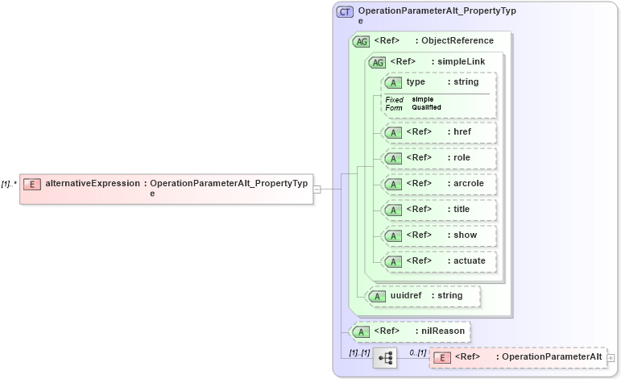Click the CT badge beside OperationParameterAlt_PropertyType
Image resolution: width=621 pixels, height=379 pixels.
(345, 12)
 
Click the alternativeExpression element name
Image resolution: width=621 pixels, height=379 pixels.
(93, 184)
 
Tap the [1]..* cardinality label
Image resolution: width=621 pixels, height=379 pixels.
(10, 184)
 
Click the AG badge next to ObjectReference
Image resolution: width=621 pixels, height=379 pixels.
(362, 41)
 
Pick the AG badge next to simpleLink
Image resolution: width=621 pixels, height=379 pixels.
(377, 62)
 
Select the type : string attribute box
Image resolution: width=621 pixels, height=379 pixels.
(439, 82)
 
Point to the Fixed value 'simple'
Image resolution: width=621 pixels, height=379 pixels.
(423, 99)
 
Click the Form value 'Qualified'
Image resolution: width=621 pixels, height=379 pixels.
(426, 107)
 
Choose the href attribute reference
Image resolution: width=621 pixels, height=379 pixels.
(439, 132)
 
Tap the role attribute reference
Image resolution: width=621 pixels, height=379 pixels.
(439, 158)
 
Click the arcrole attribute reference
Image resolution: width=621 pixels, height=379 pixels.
(439, 184)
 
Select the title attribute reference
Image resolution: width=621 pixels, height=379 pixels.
(439, 210)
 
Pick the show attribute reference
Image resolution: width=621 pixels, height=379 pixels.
(439, 235)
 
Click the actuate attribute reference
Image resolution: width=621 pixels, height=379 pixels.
(439, 261)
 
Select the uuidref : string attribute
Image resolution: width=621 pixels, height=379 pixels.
(423, 296)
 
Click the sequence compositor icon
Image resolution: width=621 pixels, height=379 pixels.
(385, 357)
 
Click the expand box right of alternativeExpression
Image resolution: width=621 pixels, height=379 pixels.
(317, 189)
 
